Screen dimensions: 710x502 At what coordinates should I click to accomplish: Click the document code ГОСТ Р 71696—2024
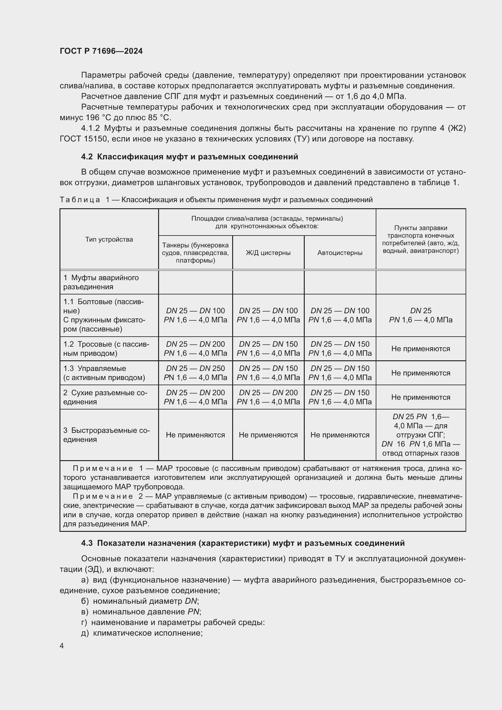click(101, 51)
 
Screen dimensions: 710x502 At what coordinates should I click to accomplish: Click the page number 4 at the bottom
click(62, 646)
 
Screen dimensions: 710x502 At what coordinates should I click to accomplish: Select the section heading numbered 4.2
click(189, 157)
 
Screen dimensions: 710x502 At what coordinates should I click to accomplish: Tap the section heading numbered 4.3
click(243, 543)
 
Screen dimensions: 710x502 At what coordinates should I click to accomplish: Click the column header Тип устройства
click(109, 239)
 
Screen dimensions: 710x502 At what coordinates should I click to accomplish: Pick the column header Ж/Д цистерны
click(268, 253)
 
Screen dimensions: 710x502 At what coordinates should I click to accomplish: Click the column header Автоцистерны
click(340, 253)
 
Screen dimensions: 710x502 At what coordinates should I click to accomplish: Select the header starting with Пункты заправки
click(420, 239)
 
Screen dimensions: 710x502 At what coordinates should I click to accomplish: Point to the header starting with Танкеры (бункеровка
click(195, 253)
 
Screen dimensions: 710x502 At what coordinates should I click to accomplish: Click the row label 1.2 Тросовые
click(106, 348)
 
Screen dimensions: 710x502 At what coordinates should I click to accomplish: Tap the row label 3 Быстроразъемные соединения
click(106, 435)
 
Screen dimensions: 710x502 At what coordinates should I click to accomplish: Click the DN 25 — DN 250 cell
click(195, 373)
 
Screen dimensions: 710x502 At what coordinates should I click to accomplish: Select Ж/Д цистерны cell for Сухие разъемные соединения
click(268, 397)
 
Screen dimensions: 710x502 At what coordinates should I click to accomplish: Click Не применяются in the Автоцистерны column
click(340, 435)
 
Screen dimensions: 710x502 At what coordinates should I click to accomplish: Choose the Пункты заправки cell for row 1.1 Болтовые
click(420, 315)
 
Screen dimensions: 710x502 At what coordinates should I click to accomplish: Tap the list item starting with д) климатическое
click(141, 633)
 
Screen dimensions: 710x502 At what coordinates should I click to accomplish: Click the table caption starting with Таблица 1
click(216, 200)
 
